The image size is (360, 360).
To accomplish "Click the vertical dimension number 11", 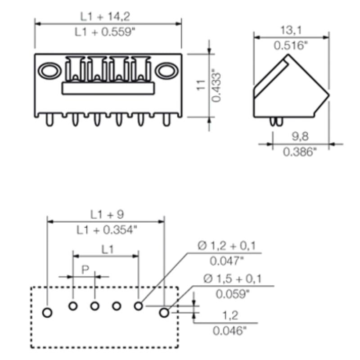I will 201,85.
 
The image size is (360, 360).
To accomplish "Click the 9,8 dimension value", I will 300,136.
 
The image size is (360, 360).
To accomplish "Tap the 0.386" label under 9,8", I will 300,152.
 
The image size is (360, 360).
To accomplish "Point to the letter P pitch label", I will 85,270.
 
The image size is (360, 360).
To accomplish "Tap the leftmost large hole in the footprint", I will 48,312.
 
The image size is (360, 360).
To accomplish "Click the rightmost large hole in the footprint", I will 164,311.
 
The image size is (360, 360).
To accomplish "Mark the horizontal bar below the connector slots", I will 107,88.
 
